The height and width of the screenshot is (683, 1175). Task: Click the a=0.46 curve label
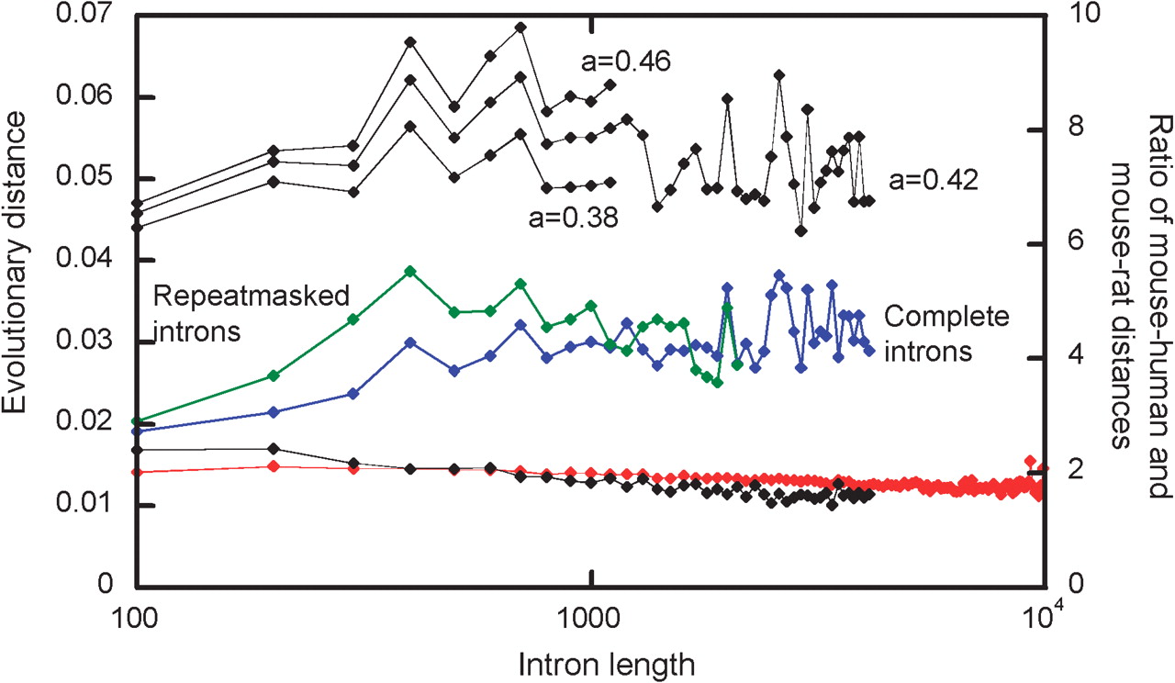pyautogui.click(x=625, y=62)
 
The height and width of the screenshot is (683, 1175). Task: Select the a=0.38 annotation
pyautogui.click(x=574, y=218)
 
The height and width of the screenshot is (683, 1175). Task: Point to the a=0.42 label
pyautogui.click(x=934, y=180)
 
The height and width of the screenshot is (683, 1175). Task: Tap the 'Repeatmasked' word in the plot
pyautogui.click(x=252, y=297)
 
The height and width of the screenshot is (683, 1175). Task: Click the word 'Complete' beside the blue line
pyautogui.click(x=946, y=317)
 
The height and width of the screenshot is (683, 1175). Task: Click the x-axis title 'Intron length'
pyautogui.click(x=607, y=666)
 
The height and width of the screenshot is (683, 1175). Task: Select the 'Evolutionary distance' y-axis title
pyautogui.click(x=14, y=263)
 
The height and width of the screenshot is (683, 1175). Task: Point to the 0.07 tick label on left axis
pyautogui.click(x=84, y=14)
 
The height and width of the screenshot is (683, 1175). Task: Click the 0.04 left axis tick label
pyautogui.click(x=84, y=259)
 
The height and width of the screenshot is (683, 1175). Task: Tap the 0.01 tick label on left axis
pyautogui.click(x=84, y=503)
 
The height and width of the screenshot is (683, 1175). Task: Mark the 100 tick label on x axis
pyautogui.click(x=134, y=619)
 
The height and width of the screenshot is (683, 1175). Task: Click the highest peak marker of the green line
pyautogui.click(x=410, y=271)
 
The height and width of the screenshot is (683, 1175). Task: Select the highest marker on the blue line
pyautogui.click(x=779, y=275)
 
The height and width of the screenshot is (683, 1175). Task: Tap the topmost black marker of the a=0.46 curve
pyautogui.click(x=520, y=28)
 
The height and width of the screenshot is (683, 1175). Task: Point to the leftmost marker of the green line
pyautogui.click(x=137, y=421)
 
